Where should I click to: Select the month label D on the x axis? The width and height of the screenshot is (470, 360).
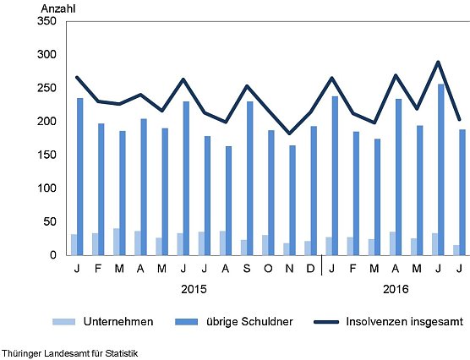pyautogui.click(x=310, y=269)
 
